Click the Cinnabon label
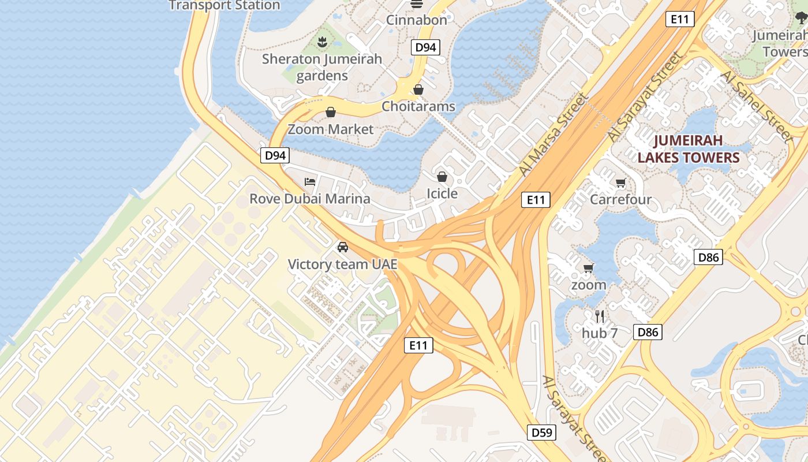tap(416, 20)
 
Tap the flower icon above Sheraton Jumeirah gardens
tap(322, 42)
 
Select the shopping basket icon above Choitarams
tap(418, 90)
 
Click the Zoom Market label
tap(331, 129)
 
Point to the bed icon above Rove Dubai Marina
tap(310, 182)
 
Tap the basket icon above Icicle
tap(442, 176)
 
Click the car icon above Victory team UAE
tap(343, 247)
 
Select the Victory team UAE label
tap(343, 264)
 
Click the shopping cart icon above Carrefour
tap(620, 183)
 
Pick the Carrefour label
tap(620, 200)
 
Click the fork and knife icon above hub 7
tap(600, 316)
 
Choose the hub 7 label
tap(600, 333)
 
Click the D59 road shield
tap(542, 432)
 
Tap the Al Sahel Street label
tap(756, 106)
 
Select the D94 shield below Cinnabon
tap(426, 47)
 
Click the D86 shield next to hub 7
tap(648, 332)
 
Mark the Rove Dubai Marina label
tap(310, 199)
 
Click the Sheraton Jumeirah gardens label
tap(322, 67)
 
